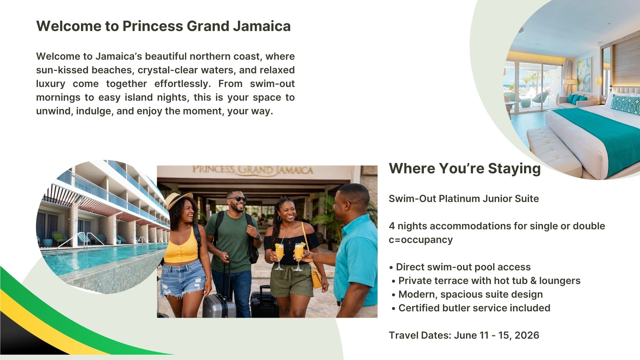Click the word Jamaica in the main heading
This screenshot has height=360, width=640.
262,26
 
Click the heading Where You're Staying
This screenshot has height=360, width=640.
465,168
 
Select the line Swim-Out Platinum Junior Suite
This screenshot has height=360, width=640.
464,199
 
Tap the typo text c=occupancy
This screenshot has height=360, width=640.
421,240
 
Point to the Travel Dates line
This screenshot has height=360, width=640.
464,335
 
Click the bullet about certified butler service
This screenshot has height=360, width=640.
471,308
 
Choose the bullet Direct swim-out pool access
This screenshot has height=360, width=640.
460,267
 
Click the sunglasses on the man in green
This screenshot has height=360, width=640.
238,199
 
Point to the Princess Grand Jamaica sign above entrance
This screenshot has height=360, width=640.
253,170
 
